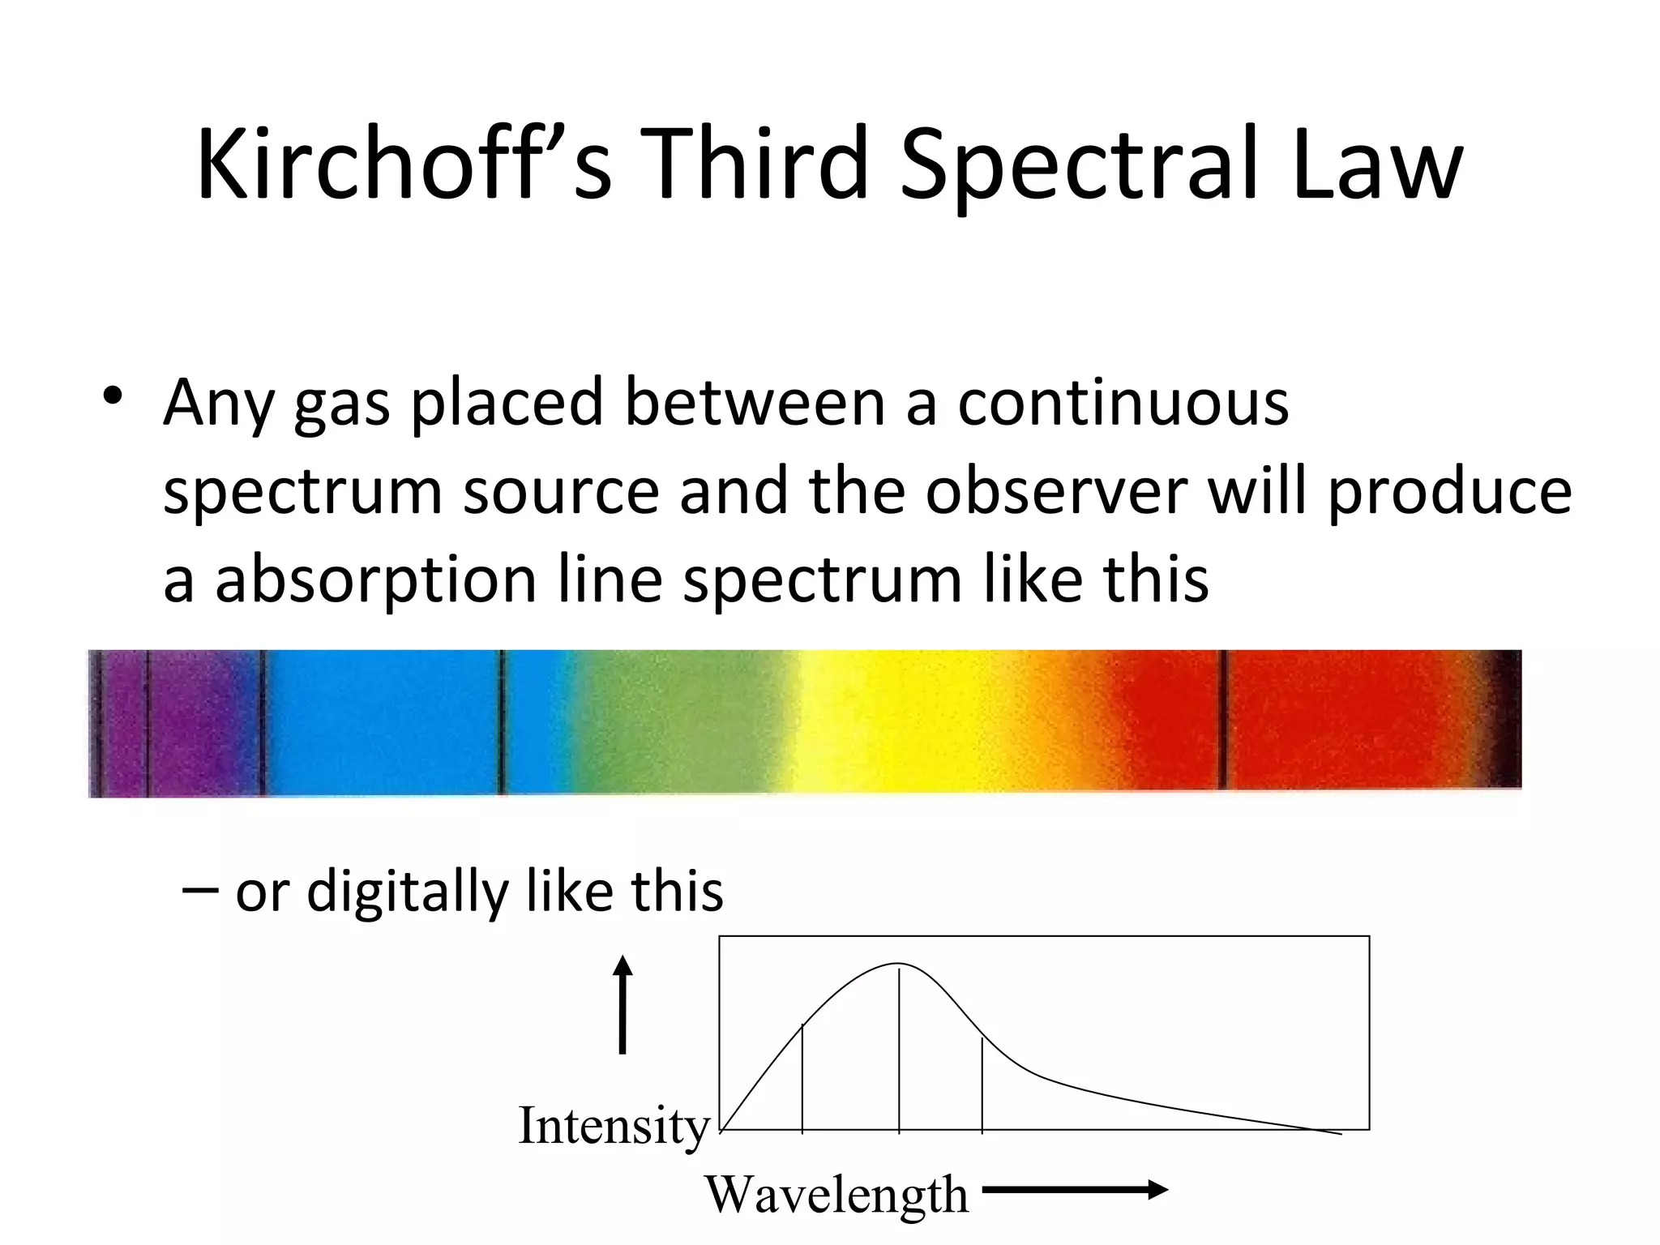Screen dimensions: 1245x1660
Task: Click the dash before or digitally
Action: pyautogui.click(x=199, y=891)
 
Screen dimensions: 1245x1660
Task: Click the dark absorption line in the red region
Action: pyautogui.click(x=1222, y=720)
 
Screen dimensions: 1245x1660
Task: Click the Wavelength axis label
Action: pyautogui.click(x=836, y=1194)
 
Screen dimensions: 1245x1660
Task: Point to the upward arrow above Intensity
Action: pyautogui.click(x=622, y=1004)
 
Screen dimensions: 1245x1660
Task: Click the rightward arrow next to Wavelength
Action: pyautogui.click(x=1075, y=1190)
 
